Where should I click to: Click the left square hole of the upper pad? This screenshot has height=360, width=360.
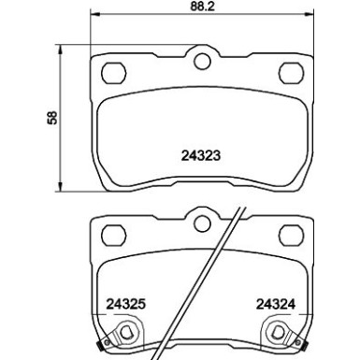click(113, 70)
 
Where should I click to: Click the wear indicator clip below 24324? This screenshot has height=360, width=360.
click(281, 331)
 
